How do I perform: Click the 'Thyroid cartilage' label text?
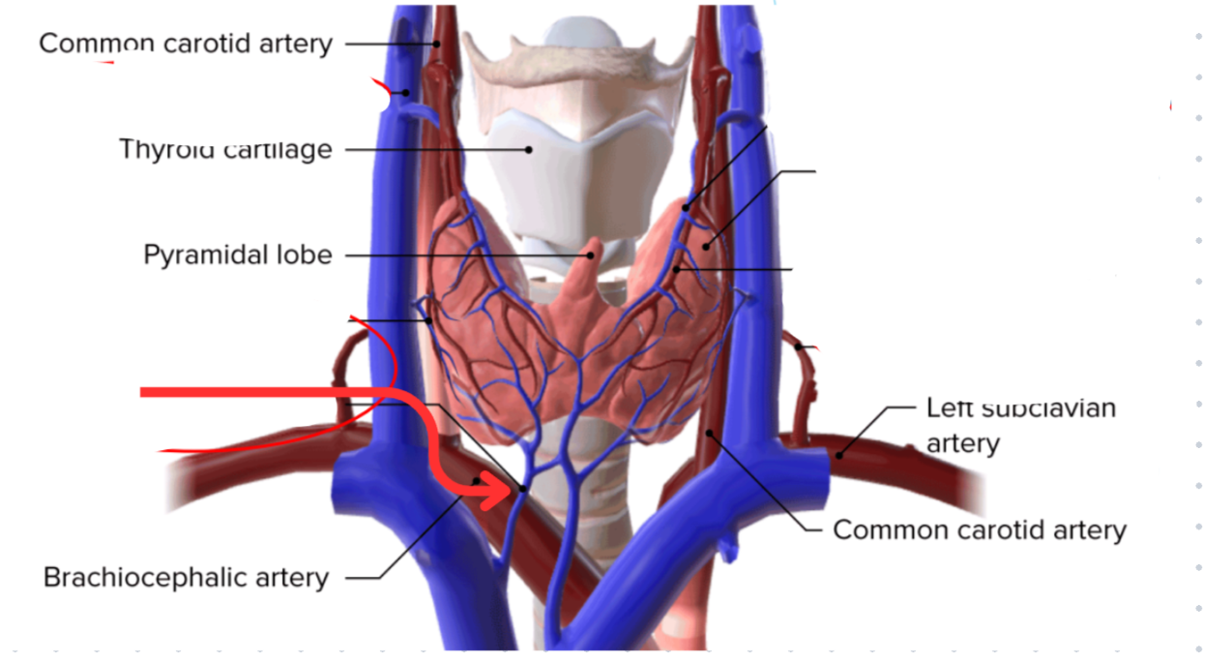coord(225,150)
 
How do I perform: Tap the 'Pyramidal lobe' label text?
coord(238,256)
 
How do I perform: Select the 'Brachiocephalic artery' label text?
coord(186,578)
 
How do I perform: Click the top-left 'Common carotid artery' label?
coord(186,44)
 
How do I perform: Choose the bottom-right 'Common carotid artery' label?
coord(979,530)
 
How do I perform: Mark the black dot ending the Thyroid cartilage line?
coord(529,149)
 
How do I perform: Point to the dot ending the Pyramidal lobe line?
coord(591,256)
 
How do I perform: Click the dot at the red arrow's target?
coord(523,489)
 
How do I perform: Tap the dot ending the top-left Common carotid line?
coord(437,44)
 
